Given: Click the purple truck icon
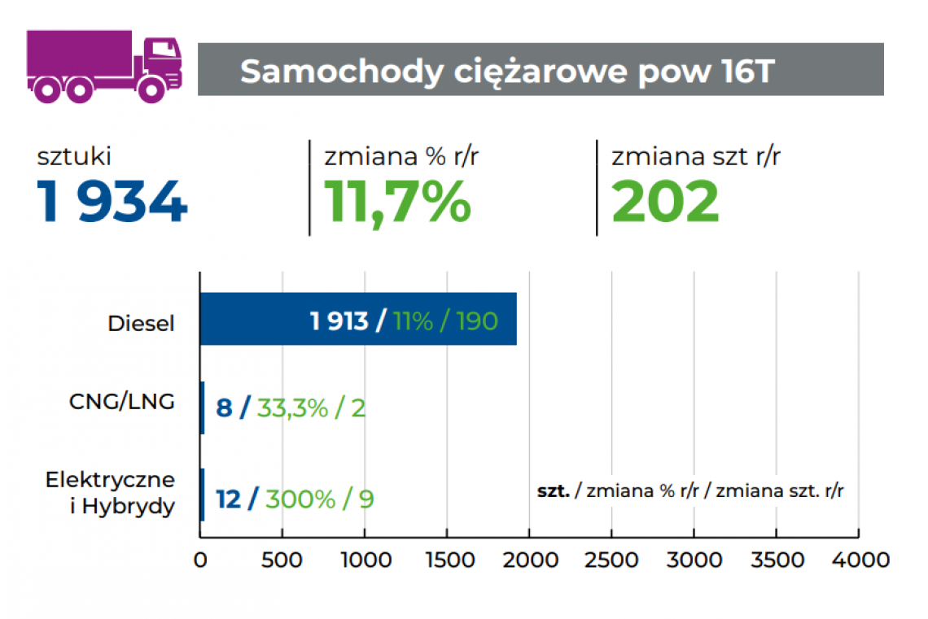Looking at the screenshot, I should click(104, 66).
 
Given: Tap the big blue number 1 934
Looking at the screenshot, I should click(112, 202).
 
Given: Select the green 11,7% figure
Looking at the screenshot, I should click(397, 202).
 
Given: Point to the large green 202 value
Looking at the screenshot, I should click(665, 202).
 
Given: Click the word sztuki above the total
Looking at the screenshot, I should click(74, 156).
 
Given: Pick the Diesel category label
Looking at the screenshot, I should click(142, 323).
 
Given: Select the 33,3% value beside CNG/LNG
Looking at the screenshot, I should click(292, 408).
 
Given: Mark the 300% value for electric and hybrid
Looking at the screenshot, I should click(300, 499).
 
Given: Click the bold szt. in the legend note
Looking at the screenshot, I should click(553, 490).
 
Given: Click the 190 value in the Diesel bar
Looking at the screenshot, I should click(476, 320).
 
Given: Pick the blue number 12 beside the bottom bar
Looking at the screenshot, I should click(229, 499).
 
